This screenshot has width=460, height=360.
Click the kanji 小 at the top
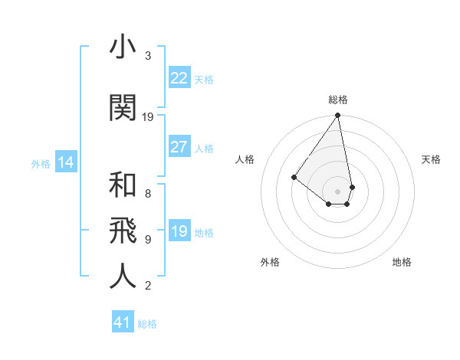point(123,48)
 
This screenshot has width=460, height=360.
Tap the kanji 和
point(123,186)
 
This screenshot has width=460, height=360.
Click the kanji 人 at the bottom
point(123,276)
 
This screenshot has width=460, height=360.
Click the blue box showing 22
point(179,78)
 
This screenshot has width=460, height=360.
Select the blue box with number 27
point(179,147)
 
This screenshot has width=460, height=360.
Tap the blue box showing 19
point(179,231)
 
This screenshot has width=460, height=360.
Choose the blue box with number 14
point(65,162)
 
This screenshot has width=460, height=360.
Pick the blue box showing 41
point(123,322)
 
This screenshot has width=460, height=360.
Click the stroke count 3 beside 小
point(148,56)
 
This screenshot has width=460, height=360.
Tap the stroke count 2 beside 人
point(148,286)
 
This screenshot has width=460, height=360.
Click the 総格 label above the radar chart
point(338,100)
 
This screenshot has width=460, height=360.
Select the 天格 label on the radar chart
point(431,159)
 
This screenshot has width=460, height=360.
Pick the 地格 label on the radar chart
point(402,262)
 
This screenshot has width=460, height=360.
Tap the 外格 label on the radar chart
point(270,262)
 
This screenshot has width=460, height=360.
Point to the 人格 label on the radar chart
point(245,159)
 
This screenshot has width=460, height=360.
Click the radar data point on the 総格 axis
point(337,116)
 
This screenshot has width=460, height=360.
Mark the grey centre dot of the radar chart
point(337,191)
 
